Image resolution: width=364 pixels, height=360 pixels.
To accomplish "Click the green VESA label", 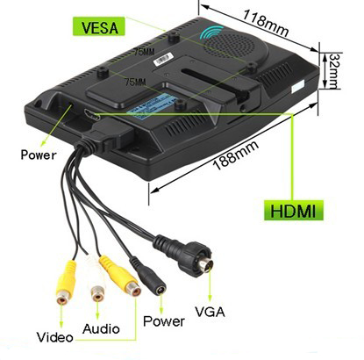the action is tap(98, 26).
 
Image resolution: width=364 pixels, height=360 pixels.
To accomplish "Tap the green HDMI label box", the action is tap(293, 211).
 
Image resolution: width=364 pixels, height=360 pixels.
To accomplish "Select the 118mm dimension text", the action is tap(266, 23).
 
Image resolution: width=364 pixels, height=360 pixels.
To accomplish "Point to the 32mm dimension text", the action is tap(334, 70).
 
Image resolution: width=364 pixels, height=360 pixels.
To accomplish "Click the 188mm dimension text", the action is tap(236, 155).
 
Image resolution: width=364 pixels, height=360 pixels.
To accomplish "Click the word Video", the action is tap(55, 337).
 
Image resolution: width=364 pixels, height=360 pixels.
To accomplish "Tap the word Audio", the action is tap(101, 329).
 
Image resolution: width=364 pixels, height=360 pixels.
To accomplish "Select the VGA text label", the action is tap(210, 312).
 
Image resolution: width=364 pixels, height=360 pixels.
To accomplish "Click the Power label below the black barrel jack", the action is tap(164, 321).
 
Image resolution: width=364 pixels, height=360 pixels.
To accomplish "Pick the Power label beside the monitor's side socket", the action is tap(39, 155).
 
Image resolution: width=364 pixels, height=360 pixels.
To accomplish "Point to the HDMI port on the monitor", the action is tap(92, 114).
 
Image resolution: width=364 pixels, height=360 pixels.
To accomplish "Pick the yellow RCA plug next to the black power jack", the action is tap(120, 275).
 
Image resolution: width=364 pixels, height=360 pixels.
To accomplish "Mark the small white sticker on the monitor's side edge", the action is tap(298, 87).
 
